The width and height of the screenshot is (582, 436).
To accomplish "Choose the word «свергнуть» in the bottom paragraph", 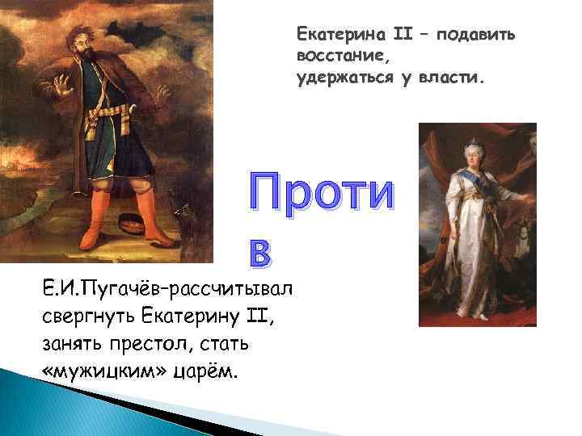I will click(83, 317).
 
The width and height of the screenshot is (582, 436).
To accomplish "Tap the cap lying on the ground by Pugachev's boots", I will click(133, 221).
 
